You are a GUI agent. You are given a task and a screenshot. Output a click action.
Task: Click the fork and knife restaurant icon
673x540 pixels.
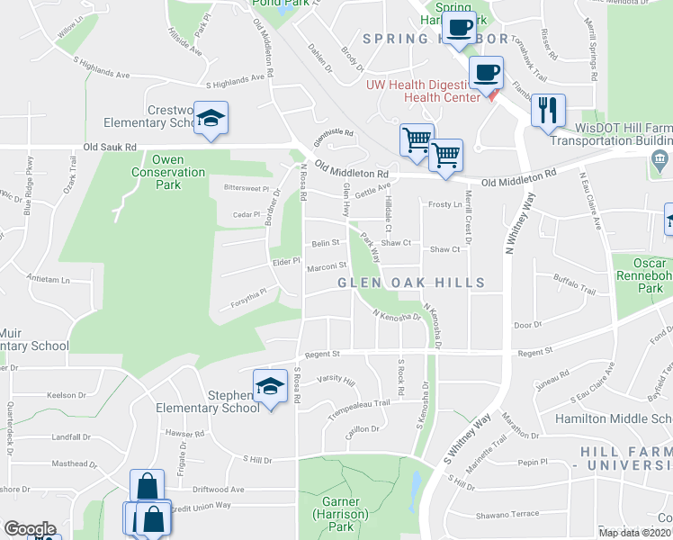548,111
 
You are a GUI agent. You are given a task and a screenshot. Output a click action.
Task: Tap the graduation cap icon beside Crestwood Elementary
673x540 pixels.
211,119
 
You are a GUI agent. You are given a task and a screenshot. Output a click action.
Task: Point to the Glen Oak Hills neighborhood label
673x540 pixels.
411,283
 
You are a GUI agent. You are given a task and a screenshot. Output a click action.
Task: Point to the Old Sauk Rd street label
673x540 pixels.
110,146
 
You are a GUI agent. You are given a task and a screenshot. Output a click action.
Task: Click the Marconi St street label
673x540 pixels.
328,265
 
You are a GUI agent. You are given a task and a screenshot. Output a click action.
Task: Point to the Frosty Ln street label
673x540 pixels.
444,204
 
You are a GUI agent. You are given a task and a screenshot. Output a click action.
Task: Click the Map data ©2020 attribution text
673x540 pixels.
635,533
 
